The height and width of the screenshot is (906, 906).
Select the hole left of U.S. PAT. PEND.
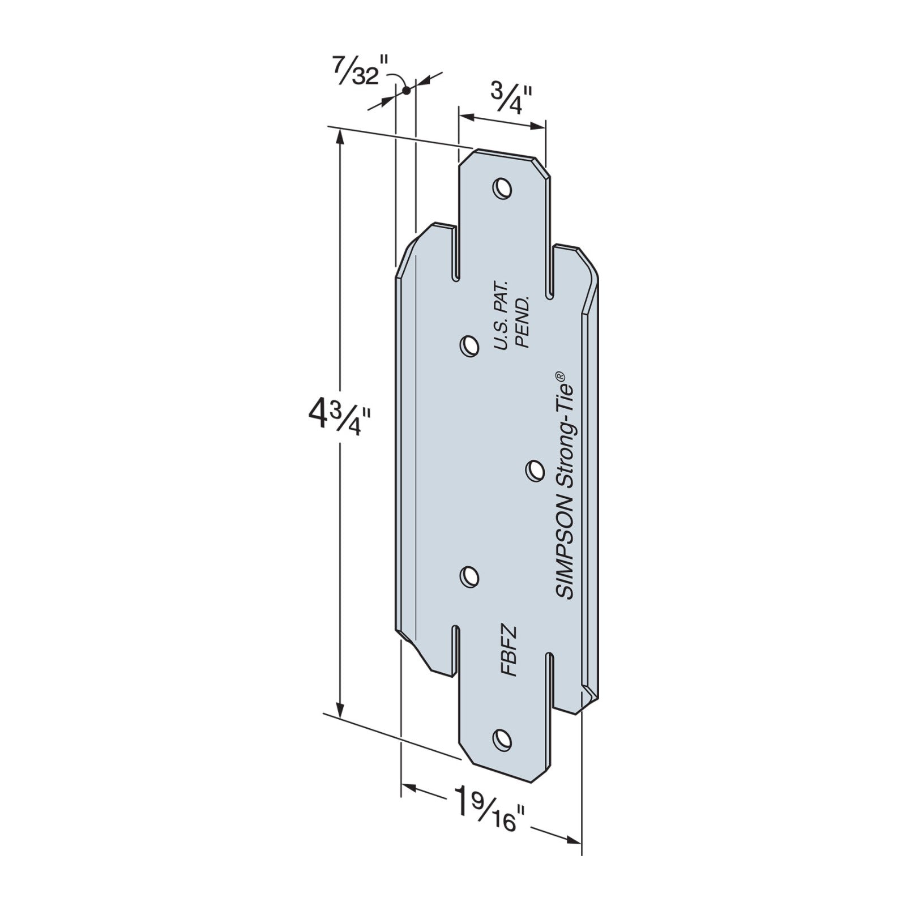tap(468, 345)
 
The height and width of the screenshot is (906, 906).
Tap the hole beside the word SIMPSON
tap(533, 470)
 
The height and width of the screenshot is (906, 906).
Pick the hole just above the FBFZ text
tap(469, 577)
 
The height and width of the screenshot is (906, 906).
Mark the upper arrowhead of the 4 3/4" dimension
tap(340, 136)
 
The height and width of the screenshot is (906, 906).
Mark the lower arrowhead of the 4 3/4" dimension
tap(340, 711)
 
